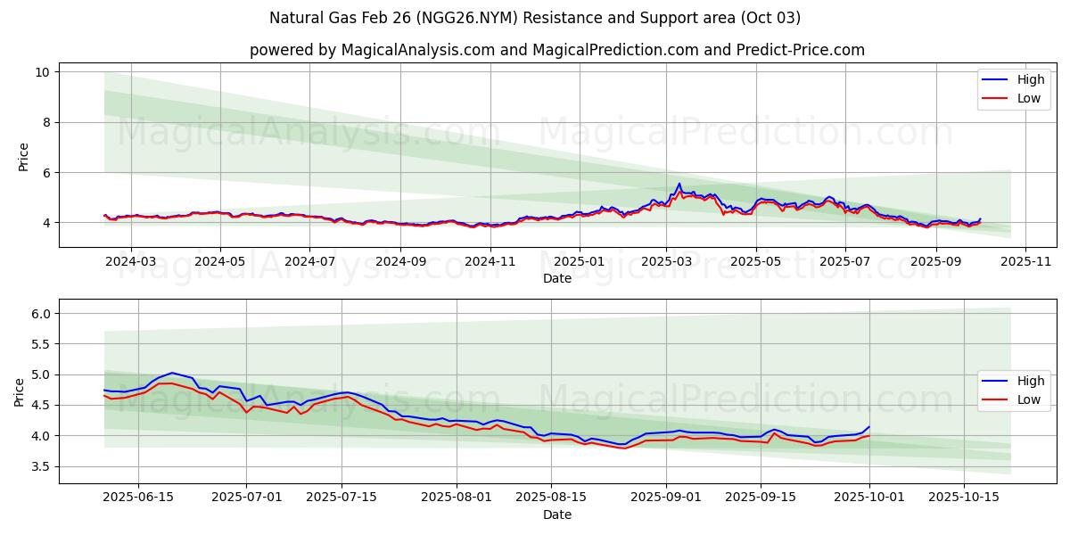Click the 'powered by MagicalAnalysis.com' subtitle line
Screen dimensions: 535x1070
pyautogui.click(x=557, y=50)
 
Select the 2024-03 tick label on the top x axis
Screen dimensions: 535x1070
pyautogui.click(x=130, y=262)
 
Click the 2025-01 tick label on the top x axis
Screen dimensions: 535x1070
pyautogui.click(x=579, y=262)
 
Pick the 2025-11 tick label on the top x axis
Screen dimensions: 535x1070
pyautogui.click(x=1025, y=262)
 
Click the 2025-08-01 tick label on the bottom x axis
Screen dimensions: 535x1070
pyautogui.click(x=457, y=498)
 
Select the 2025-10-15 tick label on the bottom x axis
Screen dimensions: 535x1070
pyautogui.click(x=963, y=498)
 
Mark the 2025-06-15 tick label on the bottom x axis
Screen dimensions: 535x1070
pyautogui.click(x=138, y=498)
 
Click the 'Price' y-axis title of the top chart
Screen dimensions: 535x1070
pyautogui.click(x=24, y=157)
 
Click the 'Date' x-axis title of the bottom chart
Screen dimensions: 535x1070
pyautogui.click(x=557, y=514)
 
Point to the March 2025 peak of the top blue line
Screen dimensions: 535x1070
pyautogui.click(x=679, y=184)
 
